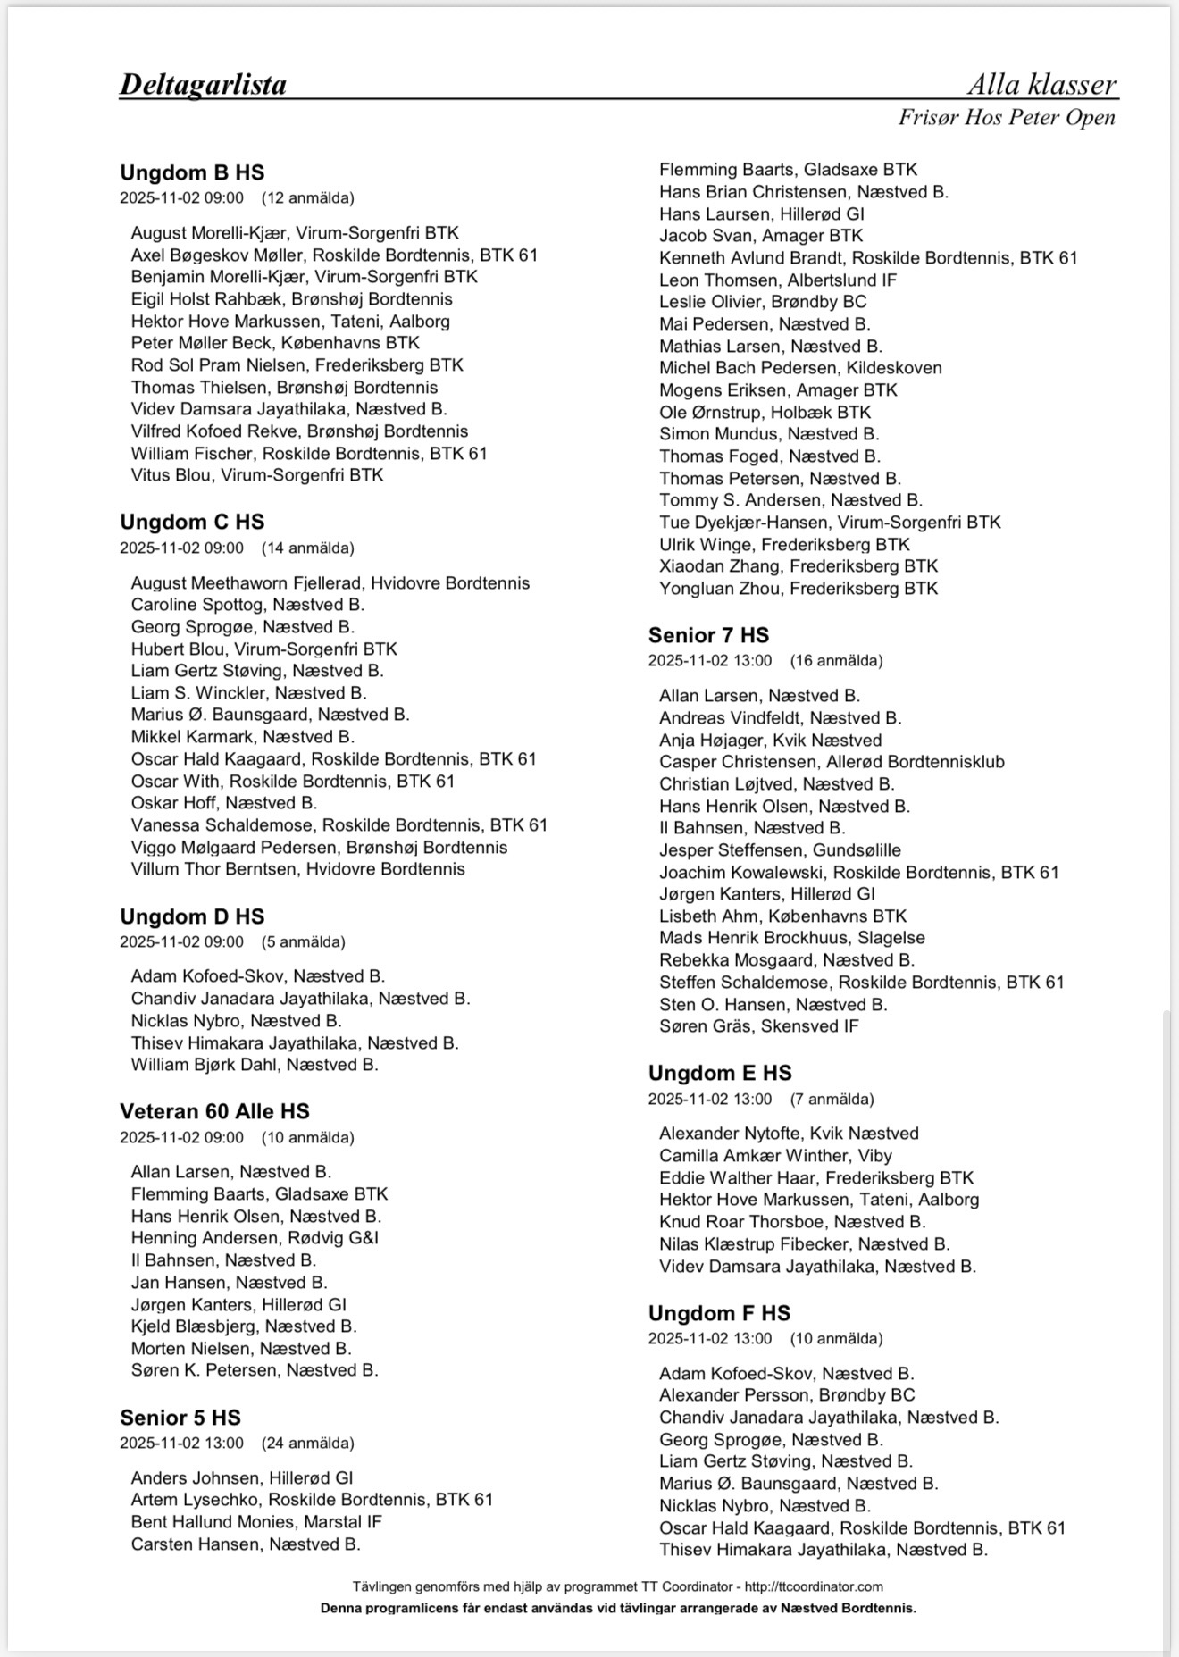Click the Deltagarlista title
pos(203,84)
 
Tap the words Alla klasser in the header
pos(1041,84)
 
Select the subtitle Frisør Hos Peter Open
pos(1007,117)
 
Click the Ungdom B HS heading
pos(192,172)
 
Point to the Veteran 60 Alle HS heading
pos(214,1111)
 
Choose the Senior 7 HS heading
pos(708,635)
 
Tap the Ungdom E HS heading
pos(720,1073)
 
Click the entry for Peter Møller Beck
pos(275,343)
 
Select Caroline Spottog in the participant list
pos(247,605)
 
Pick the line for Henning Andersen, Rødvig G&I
pos(255,1238)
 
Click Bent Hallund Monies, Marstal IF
pos(256,1522)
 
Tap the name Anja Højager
pos(770,741)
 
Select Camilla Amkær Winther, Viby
pos(775,1155)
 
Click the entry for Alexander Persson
pos(787,1395)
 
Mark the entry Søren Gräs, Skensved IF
pos(758,1026)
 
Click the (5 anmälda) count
pos(303,941)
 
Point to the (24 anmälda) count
pos(307,1444)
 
